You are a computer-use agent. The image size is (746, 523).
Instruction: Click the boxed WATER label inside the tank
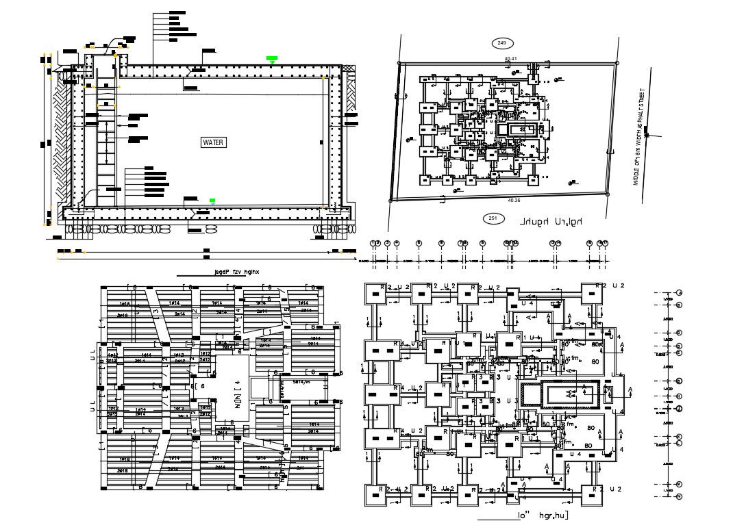click(x=213, y=142)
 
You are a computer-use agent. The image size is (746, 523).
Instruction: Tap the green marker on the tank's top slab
click(x=273, y=59)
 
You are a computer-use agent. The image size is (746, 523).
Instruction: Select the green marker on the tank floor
click(x=212, y=201)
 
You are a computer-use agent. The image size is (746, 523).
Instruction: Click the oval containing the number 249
click(x=501, y=43)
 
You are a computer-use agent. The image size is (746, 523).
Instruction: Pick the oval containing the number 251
click(x=492, y=218)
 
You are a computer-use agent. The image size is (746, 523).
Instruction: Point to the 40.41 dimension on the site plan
click(x=510, y=59)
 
